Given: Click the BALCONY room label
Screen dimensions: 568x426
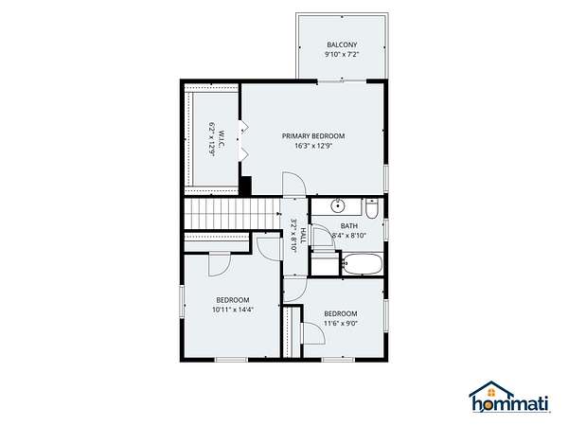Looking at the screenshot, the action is tap(342, 44).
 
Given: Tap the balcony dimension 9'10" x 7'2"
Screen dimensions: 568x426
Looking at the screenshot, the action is tap(342, 55).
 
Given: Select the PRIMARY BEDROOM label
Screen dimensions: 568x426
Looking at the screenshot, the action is tap(313, 136).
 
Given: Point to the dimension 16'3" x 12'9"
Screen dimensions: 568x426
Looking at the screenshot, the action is tap(313, 146).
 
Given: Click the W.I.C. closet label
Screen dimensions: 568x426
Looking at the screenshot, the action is tap(222, 139).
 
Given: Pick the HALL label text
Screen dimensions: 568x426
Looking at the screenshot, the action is tap(303, 236).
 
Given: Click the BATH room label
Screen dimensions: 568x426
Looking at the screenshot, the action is tap(348, 226).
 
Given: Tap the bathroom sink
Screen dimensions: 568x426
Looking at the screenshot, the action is tap(338, 206).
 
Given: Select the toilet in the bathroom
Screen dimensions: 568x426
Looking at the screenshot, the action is tap(371, 208).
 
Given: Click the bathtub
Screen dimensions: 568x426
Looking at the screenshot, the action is tap(363, 264).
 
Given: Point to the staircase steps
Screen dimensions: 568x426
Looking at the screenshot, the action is tap(232, 213).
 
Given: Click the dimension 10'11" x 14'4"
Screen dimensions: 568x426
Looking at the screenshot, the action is tap(233, 310).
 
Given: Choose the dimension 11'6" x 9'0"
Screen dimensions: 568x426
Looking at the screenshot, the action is tap(341, 324).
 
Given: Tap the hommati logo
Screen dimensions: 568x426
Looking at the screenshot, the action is tap(509, 397).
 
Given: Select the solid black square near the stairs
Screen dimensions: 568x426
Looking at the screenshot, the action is tap(246, 186).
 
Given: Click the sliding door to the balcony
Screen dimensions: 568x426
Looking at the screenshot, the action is tap(342, 81).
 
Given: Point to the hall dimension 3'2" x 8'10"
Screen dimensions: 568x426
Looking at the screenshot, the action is tap(293, 236).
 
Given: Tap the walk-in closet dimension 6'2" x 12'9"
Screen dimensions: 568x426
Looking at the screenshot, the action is tap(212, 139).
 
